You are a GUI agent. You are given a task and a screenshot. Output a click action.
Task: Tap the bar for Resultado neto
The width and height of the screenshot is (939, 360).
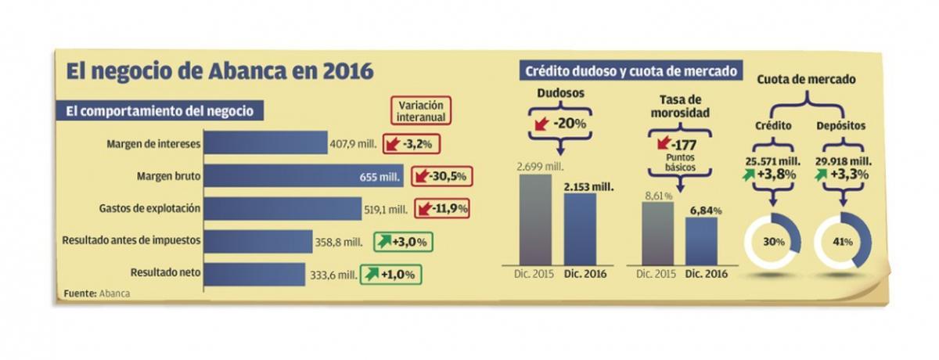254,274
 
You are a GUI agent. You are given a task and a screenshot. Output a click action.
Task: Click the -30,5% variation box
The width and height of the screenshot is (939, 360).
440,177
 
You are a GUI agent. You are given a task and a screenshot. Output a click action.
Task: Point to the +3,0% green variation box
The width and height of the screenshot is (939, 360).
403,242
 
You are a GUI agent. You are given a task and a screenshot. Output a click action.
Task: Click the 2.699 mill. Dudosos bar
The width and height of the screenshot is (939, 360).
535,219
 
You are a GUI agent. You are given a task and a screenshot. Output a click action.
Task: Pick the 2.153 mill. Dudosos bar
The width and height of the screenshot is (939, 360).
580,229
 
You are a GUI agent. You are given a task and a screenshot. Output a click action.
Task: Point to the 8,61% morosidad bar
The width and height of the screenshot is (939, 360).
657,232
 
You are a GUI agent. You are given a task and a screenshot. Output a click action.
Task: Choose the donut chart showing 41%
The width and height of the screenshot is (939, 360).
842,243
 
